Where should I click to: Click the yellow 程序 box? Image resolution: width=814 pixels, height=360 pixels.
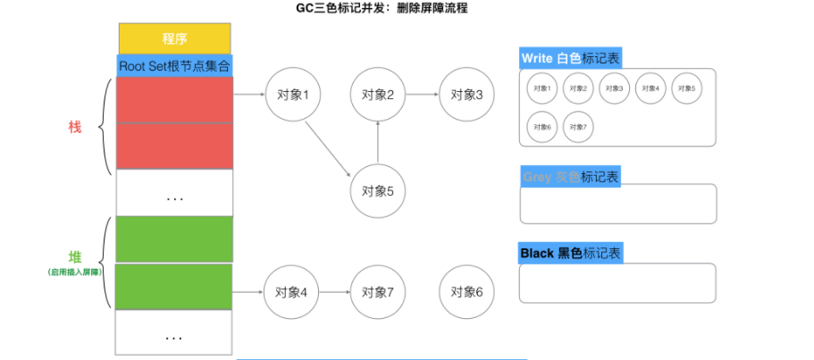pos(174,38)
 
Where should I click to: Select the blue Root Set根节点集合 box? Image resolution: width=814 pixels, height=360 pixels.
pos(174,65)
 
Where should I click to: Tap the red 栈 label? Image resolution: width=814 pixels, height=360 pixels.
pos(75,127)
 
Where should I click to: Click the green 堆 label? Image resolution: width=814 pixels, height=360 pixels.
pos(75,256)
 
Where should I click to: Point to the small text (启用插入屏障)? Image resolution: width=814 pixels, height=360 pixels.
pos(75,271)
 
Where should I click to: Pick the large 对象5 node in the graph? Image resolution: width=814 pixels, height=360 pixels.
pos(378,190)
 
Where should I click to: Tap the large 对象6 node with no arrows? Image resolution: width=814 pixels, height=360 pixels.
pos(466,292)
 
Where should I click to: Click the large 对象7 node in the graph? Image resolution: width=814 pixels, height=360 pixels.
pos(378,292)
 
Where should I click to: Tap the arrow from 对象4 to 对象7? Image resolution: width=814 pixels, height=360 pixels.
pos(335,292)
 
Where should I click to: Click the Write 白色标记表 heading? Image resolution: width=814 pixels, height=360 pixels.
pos(570,58)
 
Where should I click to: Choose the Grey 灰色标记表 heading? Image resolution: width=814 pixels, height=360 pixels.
pos(570,176)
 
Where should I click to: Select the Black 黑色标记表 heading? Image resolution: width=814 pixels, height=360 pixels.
pos(570,254)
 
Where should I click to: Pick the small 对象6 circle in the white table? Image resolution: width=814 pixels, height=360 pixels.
pos(541,127)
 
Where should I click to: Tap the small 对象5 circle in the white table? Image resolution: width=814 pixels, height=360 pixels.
pos(685,88)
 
